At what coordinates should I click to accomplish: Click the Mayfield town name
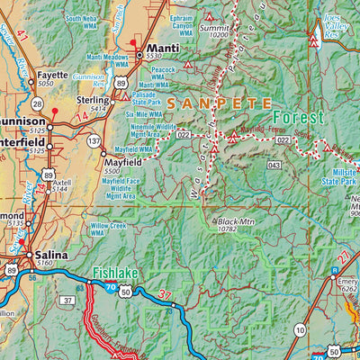[x=123, y=161]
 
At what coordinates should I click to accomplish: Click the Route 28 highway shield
[x=37, y=105]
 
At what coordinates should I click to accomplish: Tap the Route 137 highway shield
[x=94, y=140]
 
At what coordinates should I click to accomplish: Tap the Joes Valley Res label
[x=335, y=22]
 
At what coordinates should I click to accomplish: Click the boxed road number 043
[x=274, y=164]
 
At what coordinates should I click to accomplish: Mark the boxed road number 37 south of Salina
[x=68, y=300]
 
